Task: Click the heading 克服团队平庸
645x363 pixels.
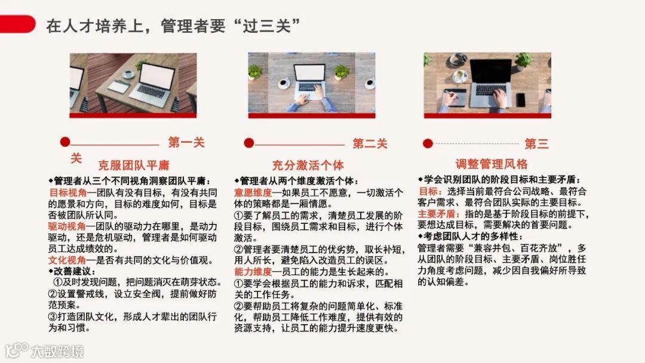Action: (x=134, y=165)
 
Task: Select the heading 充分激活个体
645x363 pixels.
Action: (x=308, y=165)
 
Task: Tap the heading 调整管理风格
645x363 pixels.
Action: (x=491, y=164)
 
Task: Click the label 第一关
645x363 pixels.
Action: (x=186, y=142)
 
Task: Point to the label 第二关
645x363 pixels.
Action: (x=370, y=143)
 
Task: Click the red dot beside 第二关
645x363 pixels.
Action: (x=249, y=143)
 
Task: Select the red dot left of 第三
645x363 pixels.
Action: (x=428, y=143)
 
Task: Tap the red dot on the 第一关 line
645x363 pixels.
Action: (x=65, y=142)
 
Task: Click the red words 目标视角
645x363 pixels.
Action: (x=68, y=192)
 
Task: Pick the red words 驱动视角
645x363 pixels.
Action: (x=67, y=226)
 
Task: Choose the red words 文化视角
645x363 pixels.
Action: (x=67, y=260)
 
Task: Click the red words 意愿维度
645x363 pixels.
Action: (x=253, y=192)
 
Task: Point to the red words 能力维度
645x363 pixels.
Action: (x=253, y=271)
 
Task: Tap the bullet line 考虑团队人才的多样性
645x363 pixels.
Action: (x=470, y=236)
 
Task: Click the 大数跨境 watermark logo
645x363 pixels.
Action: (x=44, y=350)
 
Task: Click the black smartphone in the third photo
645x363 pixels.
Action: (x=521, y=100)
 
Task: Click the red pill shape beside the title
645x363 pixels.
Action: (x=17, y=24)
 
